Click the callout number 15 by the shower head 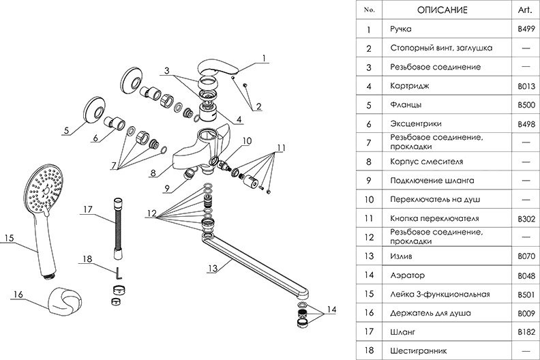pyautogui.click(x=9, y=238)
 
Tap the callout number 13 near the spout pyautogui.click(x=213, y=269)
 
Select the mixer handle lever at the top pyautogui.click(x=219, y=70)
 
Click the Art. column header pyautogui.click(x=526, y=10)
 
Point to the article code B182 pyautogui.click(x=526, y=331)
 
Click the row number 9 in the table pyautogui.click(x=368, y=180)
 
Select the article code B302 pyautogui.click(x=526, y=218)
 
